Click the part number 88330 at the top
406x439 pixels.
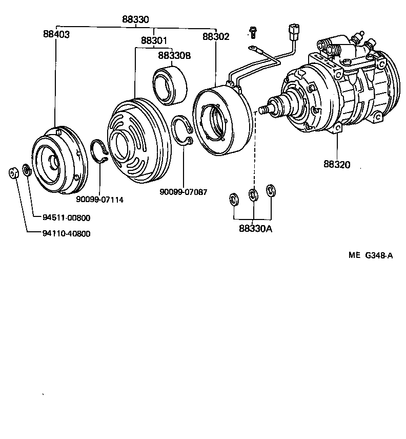(135, 19)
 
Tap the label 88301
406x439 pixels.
(154, 40)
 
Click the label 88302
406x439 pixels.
(216, 37)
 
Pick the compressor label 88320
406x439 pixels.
(337, 164)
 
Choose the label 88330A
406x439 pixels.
(255, 229)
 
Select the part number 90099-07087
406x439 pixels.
(184, 192)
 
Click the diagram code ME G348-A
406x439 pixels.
(372, 256)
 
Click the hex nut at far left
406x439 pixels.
(14, 172)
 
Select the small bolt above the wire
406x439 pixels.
(252, 32)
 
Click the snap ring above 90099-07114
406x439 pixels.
(99, 151)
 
